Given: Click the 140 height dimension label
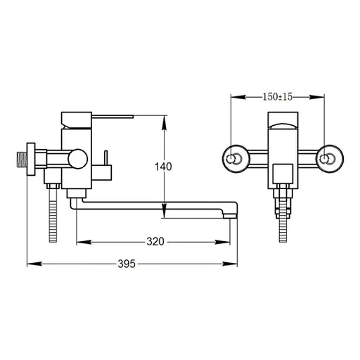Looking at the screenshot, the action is click(163, 167).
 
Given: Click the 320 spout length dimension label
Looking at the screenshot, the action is click(155, 241).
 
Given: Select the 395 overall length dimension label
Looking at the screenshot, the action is click(127, 264).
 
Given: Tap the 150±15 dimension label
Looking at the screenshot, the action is click(278, 97).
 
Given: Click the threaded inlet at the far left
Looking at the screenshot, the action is click(22, 160).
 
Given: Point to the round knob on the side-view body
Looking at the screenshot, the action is click(78, 159).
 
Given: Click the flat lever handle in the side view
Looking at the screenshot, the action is click(112, 117).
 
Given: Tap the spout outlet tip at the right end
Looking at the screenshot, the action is click(230, 216).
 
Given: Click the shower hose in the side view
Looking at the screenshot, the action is click(53, 215).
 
